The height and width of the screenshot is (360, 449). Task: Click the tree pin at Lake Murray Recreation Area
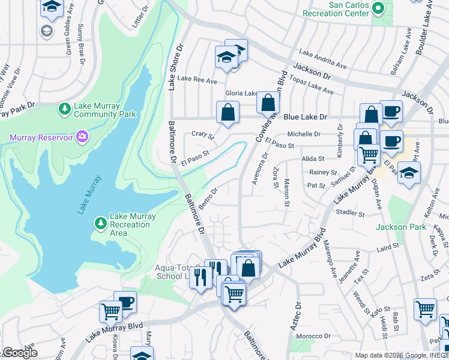click(101, 224)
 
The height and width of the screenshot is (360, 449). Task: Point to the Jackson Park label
click(400, 227)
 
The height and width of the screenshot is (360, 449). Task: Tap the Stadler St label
click(351, 213)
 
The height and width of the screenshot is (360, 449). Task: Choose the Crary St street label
click(202, 136)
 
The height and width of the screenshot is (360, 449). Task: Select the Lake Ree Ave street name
click(192, 79)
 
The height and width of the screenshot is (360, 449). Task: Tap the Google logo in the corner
click(20, 353)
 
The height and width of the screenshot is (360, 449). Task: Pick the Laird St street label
click(388, 247)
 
